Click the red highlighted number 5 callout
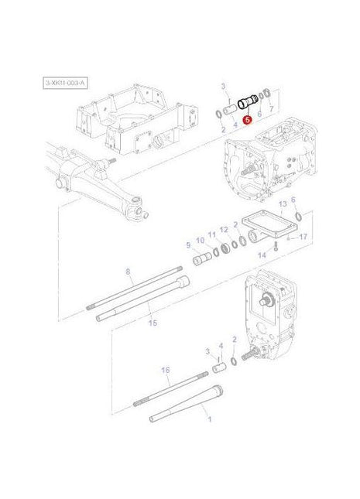[247, 120]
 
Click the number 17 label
[303, 237]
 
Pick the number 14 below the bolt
[262, 255]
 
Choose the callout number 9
[187, 245]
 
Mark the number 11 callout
[212, 233]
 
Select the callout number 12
[224, 229]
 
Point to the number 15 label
[152, 322]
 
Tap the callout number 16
[165, 371]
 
